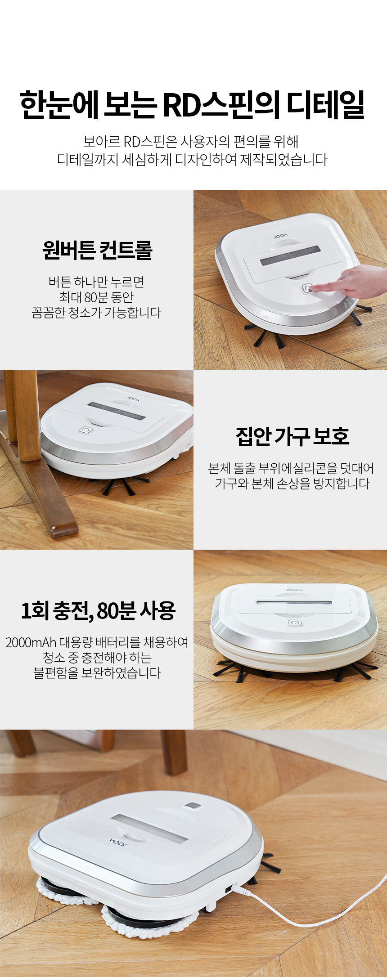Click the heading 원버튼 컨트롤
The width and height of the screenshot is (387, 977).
click(97, 250)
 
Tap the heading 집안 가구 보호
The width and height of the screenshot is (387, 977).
click(292, 436)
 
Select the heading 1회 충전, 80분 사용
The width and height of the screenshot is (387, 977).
click(98, 610)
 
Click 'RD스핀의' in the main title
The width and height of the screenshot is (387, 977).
click(220, 105)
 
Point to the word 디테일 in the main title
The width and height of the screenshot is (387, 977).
click(326, 104)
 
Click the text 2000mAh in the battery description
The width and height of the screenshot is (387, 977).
click(31, 642)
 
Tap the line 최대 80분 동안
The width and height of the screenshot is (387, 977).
click(97, 297)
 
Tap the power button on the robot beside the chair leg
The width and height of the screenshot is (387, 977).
click(85, 430)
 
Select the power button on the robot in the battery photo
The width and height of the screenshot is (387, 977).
click(295, 623)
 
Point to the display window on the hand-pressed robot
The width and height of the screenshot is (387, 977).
click(290, 255)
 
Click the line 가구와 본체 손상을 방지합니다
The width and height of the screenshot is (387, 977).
click(292, 484)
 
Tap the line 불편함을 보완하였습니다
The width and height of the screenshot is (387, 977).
click(97, 673)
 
